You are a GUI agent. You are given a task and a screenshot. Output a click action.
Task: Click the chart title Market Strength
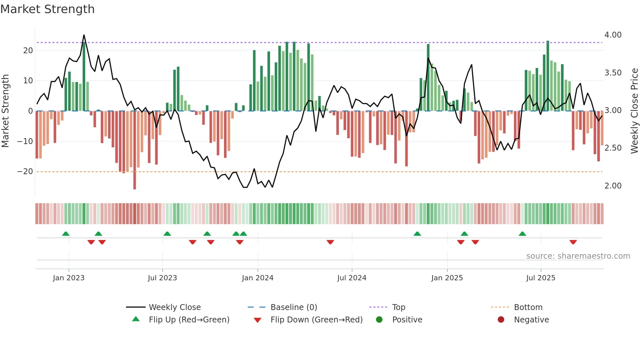point(47,9)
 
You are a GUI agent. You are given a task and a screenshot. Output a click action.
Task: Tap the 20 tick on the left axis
point(28,51)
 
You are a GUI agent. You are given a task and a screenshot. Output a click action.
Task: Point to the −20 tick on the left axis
point(25,172)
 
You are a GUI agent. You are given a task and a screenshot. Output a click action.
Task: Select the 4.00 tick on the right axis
point(613,35)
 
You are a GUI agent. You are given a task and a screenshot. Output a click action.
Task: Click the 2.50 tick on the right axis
point(613,148)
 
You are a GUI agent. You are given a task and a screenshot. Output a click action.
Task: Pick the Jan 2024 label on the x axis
point(257,278)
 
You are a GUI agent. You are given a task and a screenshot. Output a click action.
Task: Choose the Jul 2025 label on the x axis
point(540,278)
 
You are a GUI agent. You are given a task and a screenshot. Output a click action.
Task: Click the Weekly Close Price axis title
point(634,111)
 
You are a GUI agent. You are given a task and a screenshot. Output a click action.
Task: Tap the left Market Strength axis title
point(6,111)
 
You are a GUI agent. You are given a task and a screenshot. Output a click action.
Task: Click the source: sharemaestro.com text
point(578,256)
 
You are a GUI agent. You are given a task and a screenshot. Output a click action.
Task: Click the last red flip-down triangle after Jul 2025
point(573,242)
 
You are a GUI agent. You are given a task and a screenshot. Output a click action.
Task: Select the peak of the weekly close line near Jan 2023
point(84,35)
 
